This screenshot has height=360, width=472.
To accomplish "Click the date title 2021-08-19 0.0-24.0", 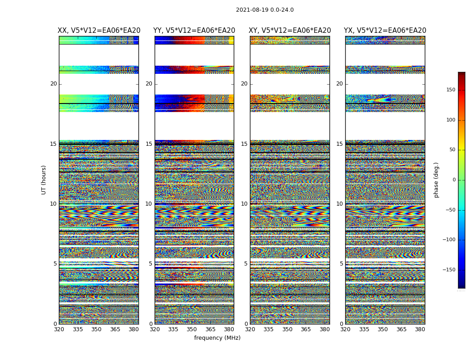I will (265, 10).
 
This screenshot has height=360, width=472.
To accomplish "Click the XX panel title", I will (99, 31).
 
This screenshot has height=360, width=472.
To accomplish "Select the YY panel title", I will (194, 31).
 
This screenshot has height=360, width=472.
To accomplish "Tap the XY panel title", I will (290, 31).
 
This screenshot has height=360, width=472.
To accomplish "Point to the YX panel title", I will (385, 31).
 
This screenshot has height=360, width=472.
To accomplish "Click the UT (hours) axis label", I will (44, 180).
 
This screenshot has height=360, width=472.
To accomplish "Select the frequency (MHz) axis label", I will (217, 338).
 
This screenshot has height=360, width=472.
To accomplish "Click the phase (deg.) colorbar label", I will (436, 180).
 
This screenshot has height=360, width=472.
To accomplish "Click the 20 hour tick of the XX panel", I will (53, 84).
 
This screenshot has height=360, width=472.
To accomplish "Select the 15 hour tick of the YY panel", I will (149, 144).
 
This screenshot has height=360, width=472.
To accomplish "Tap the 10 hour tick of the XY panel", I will (244, 204).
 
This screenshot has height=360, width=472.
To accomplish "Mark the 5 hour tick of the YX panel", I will (341, 264).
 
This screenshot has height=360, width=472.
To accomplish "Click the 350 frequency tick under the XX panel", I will (96, 329).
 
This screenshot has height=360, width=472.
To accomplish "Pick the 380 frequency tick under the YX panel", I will (420, 329).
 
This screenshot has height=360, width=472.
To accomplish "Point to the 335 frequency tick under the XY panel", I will (268, 329).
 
